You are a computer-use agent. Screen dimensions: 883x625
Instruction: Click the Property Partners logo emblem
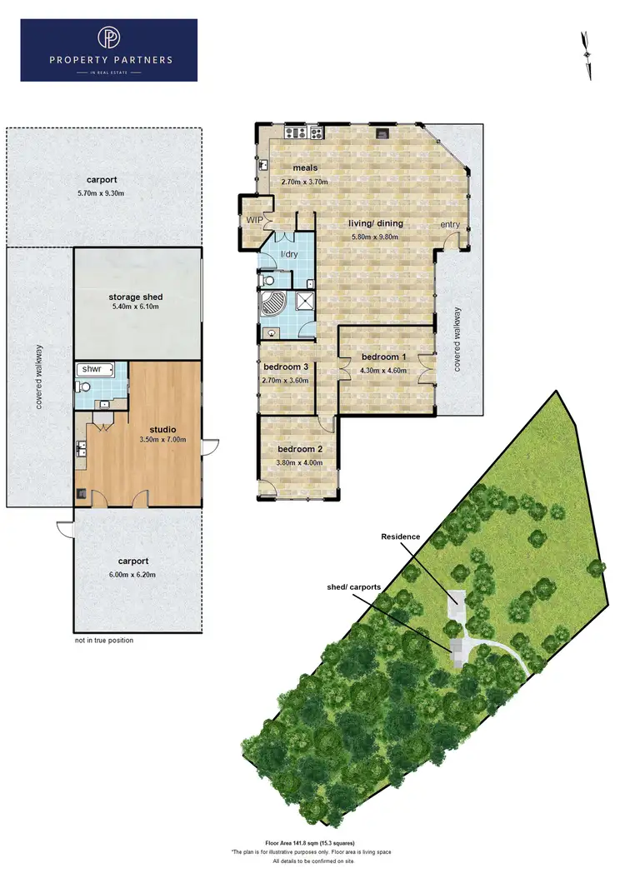tap(108, 38)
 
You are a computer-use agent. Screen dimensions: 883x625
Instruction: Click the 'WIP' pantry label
tap(254, 220)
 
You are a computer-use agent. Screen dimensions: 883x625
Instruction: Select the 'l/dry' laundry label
tap(289, 254)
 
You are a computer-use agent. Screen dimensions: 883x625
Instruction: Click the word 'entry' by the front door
tap(450, 225)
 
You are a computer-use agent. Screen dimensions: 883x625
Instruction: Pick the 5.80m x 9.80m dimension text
tap(373, 237)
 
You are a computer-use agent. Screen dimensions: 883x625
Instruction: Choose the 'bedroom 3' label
tap(286, 367)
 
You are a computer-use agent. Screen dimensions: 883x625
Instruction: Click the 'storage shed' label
tap(135, 297)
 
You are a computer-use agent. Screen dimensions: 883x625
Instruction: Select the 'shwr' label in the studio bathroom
tap(89, 369)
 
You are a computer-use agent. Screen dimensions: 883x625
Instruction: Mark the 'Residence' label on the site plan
tap(402, 537)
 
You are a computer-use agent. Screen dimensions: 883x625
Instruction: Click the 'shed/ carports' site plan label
tap(354, 587)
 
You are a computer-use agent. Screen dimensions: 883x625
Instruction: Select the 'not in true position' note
tap(103, 641)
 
